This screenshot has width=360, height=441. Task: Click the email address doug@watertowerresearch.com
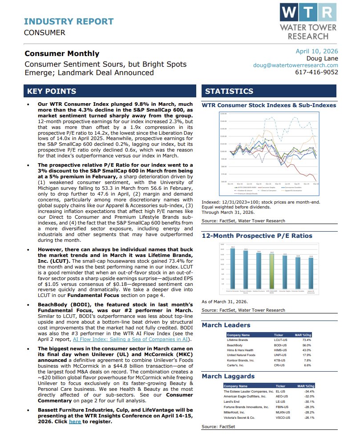295,65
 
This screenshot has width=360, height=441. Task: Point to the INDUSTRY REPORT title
69,21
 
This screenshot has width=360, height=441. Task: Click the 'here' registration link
75,421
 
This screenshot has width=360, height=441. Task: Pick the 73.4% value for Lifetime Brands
307,339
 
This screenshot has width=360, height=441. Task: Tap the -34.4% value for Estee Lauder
309,391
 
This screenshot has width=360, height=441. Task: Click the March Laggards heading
228,376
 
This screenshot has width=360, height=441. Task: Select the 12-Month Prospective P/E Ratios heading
257,236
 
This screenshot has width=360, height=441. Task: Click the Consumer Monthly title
62,53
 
